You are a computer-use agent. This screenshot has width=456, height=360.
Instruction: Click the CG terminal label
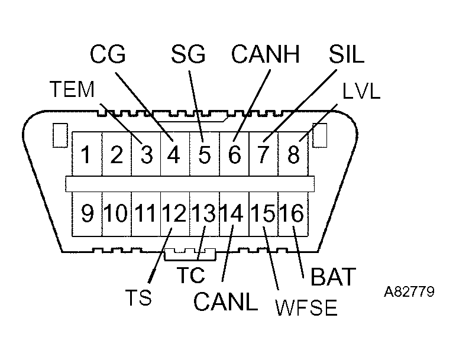click(108, 54)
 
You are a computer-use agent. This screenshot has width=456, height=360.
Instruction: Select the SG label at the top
click(188, 54)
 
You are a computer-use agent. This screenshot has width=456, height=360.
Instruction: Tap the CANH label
click(266, 54)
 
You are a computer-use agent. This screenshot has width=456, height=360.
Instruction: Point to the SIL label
click(347, 54)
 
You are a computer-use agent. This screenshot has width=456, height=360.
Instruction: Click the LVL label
click(361, 92)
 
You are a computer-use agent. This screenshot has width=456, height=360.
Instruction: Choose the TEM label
click(72, 90)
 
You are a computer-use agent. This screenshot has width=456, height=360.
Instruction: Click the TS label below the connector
click(138, 297)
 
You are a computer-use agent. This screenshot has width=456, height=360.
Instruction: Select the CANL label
click(226, 302)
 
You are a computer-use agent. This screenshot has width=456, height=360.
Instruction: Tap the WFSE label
click(306, 309)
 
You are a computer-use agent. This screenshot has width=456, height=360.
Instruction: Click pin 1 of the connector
click(86, 155)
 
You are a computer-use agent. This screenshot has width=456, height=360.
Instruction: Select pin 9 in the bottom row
click(87, 213)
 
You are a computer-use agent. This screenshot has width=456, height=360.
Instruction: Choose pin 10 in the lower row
click(117, 213)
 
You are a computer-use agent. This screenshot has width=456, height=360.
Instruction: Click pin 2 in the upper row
click(117, 155)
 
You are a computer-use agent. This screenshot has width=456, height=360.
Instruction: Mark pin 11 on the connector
click(146, 213)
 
